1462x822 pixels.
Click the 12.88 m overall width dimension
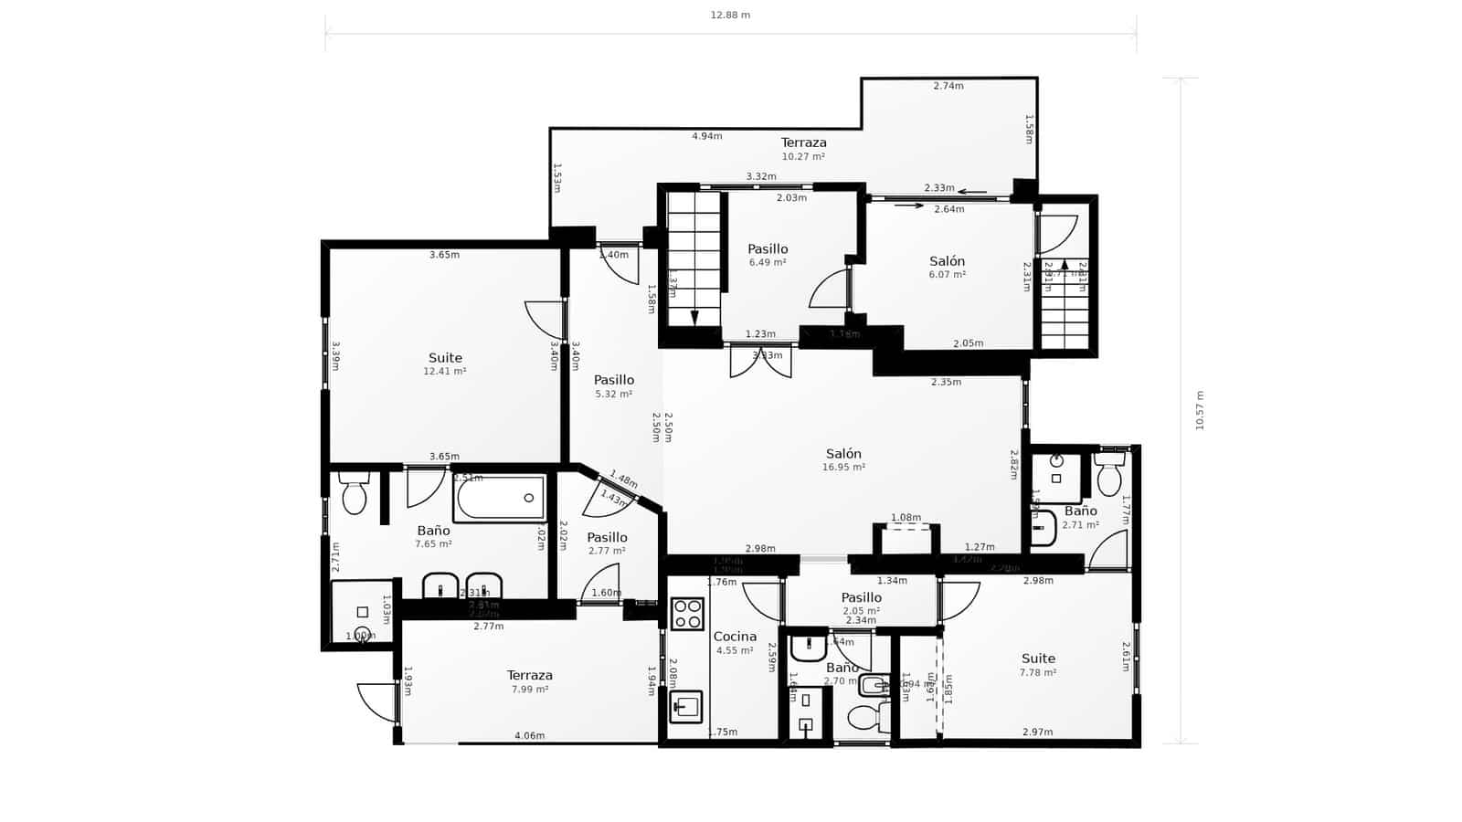pos(730,15)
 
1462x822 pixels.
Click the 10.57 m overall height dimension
pos(1200,410)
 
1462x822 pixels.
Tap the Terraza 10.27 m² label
pos(803,148)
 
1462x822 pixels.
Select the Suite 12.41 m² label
pos(445,364)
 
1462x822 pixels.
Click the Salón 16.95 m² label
pos(843,459)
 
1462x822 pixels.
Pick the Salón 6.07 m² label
pos(947,267)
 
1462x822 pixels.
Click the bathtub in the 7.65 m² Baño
pos(500,499)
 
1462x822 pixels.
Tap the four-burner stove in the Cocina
pos(687,614)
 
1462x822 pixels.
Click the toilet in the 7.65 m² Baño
pos(354,494)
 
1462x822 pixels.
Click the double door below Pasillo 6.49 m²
pos(760,361)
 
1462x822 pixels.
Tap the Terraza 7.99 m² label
pos(530,681)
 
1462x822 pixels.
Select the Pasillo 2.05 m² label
pos(861,603)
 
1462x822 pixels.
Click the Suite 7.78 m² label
pos(1038,664)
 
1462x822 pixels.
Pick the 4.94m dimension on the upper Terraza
pos(706,136)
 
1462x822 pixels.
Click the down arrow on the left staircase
pos(694,317)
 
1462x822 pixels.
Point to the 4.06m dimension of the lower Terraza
pos(529,735)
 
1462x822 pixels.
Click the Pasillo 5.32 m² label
pos(613,385)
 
